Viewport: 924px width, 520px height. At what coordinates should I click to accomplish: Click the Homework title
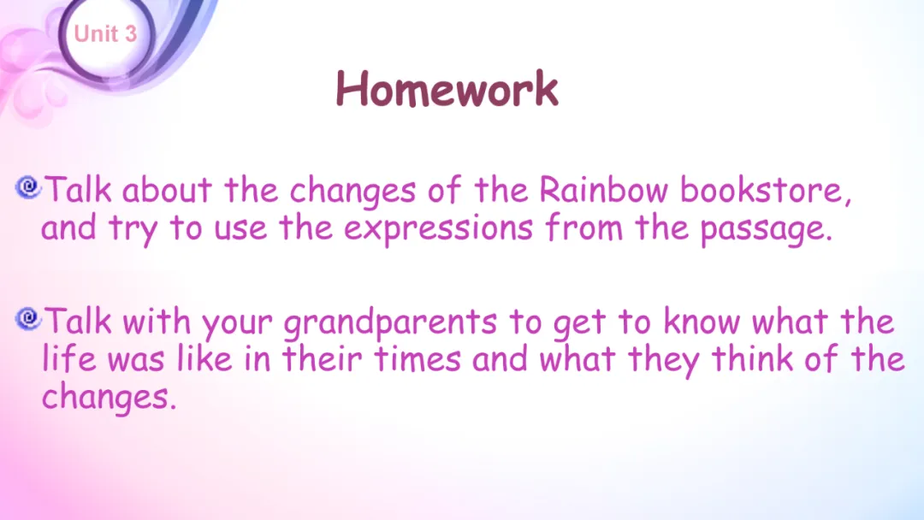click(447, 89)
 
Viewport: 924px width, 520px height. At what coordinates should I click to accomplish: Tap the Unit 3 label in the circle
click(105, 33)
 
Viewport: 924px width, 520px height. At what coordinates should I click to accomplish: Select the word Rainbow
click(603, 190)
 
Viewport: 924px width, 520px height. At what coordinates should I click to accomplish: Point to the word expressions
click(438, 229)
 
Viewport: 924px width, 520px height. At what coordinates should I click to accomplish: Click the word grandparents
click(390, 322)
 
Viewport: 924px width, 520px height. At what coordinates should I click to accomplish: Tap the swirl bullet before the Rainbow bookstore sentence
click(28, 188)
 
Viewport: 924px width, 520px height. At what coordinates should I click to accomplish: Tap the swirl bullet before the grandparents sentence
click(28, 319)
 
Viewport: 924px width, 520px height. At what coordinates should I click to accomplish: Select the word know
click(702, 322)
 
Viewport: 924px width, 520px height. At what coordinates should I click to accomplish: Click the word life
click(68, 358)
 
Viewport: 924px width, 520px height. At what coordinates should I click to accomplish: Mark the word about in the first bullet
click(168, 190)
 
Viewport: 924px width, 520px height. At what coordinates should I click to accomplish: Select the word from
click(583, 227)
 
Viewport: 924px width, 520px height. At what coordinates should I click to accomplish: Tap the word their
click(322, 358)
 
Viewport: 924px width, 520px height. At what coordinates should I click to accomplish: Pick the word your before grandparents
click(237, 324)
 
